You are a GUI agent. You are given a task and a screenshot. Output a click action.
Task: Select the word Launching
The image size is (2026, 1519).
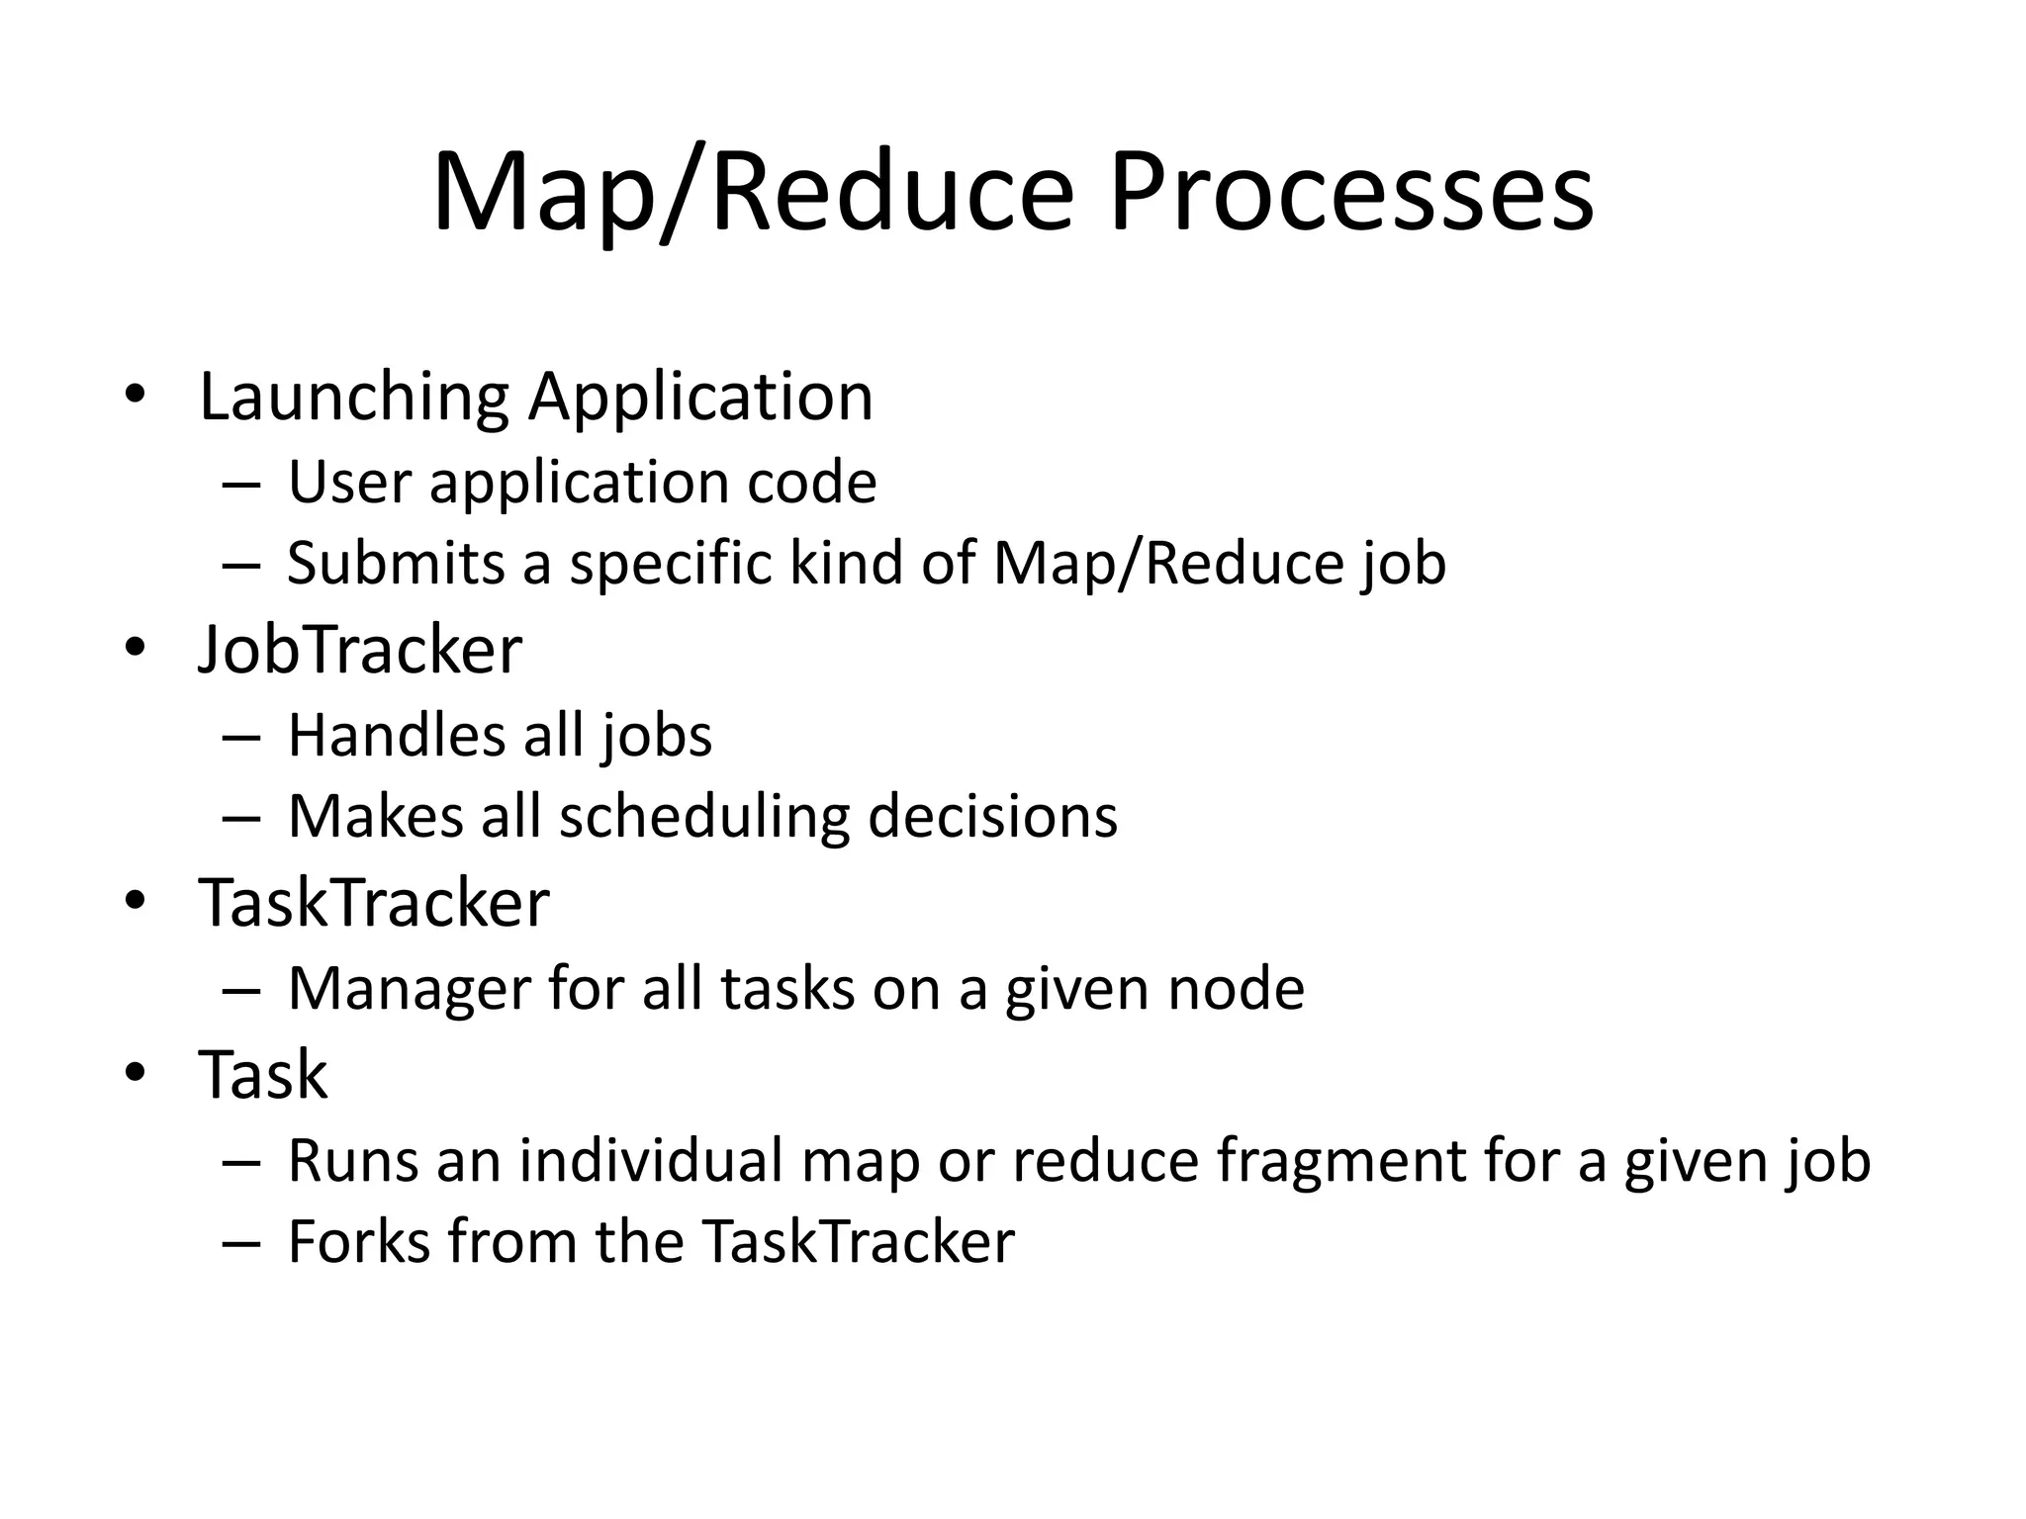(x=353, y=398)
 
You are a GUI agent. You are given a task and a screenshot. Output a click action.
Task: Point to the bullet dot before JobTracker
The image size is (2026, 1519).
(x=136, y=648)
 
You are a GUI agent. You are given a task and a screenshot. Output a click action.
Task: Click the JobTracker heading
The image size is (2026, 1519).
(x=360, y=650)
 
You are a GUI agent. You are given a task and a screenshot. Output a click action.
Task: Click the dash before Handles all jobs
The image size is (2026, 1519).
(x=241, y=737)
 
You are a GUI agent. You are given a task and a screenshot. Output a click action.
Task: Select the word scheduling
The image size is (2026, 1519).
(x=704, y=818)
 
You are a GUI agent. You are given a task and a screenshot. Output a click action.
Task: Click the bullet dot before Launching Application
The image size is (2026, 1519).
(x=136, y=395)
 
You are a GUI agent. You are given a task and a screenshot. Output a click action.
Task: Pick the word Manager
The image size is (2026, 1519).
(x=410, y=989)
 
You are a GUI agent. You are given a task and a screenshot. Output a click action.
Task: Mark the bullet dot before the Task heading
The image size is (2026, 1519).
(x=136, y=1072)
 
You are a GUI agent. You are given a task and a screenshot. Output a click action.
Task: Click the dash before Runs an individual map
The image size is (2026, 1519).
(x=241, y=1162)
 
